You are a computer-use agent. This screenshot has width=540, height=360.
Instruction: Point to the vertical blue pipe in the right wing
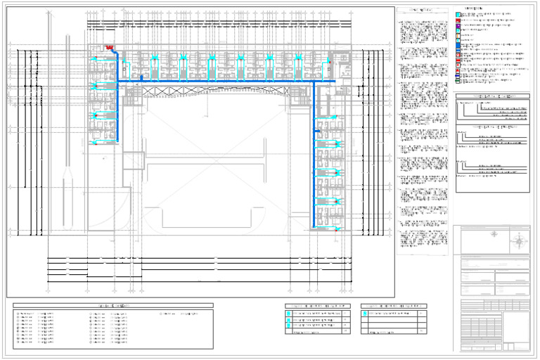coord(313,155)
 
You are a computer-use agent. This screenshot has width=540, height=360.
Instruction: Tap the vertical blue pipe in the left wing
coord(119,112)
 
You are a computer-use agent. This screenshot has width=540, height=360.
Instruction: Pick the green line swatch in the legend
coord(458,82)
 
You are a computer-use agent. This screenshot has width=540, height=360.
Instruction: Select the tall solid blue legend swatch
coord(458,46)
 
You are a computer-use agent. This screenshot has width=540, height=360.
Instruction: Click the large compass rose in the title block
coord(519,241)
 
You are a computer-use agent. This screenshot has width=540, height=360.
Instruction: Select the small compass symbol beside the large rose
coord(494,234)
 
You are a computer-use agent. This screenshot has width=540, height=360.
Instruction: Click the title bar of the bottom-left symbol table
coord(112,305)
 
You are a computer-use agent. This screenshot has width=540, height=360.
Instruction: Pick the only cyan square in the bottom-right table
coord(366,313)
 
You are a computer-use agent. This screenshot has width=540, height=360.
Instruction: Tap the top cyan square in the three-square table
coord(289,313)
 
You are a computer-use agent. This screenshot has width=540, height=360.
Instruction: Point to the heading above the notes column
coord(422,10)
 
